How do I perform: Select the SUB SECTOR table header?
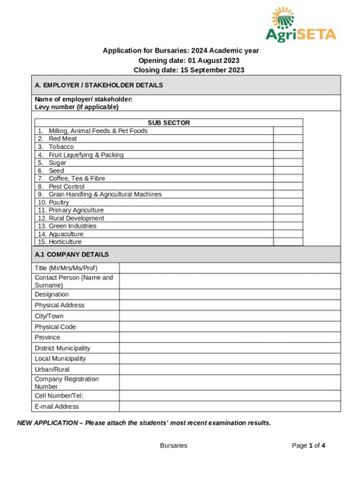click(x=169, y=122)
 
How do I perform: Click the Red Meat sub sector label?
click(x=62, y=139)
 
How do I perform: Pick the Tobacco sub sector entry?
click(x=61, y=146)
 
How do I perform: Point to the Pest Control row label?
click(x=66, y=186)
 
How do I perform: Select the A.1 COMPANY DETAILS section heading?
click(x=71, y=255)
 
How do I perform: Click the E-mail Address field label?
click(x=56, y=407)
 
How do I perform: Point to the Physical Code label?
click(x=55, y=327)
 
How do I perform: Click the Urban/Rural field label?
click(x=52, y=370)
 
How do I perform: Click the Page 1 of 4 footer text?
click(x=308, y=445)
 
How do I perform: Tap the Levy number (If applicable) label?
click(x=77, y=107)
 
